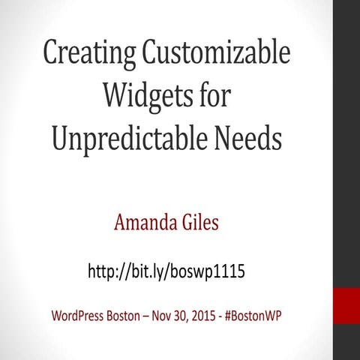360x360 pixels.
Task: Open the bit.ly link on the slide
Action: point(166,271)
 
